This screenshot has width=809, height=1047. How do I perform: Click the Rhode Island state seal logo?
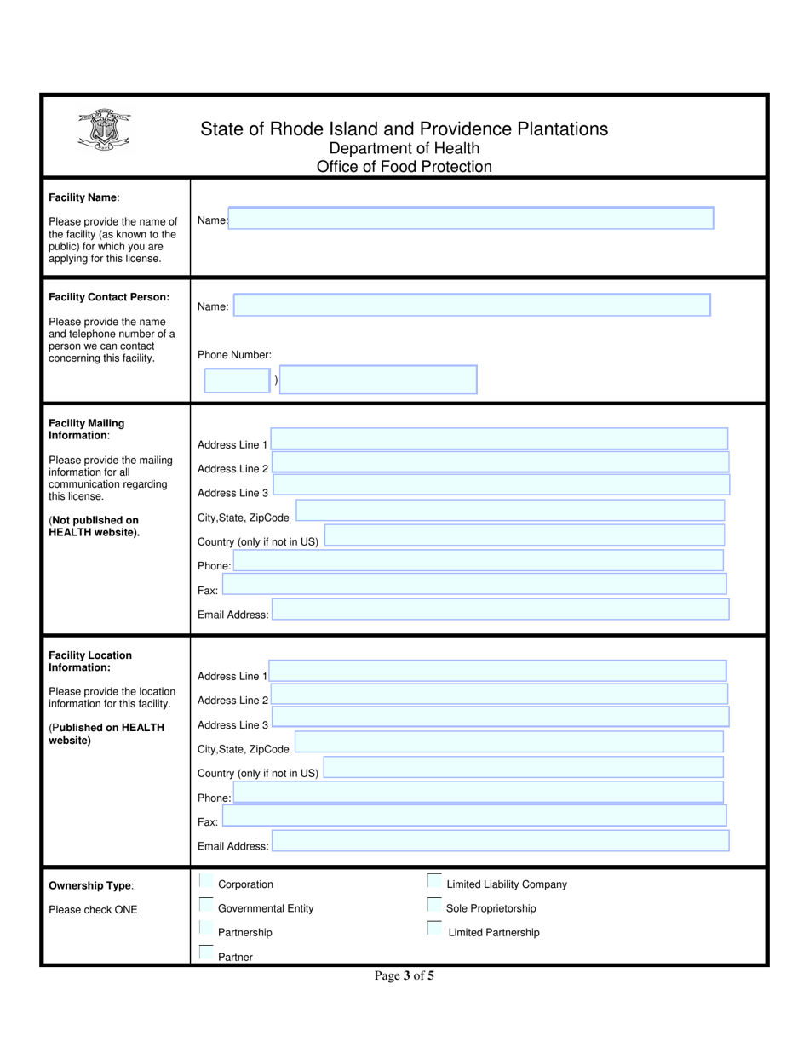tap(104, 133)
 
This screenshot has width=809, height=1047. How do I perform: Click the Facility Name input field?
tap(471, 219)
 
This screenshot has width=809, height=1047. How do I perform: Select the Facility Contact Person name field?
tap(471, 305)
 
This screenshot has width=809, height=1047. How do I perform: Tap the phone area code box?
tap(237, 380)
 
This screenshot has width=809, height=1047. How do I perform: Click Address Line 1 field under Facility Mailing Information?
tap(498, 438)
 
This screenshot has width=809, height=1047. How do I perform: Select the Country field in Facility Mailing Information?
tap(524, 535)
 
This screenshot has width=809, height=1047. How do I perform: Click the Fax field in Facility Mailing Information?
tap(473, 584)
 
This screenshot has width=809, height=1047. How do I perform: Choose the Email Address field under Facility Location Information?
tap(500, 841)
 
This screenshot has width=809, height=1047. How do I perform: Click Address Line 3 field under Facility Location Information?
tap(500, 717)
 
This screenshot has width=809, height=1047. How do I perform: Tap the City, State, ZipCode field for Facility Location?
tap(508, 742)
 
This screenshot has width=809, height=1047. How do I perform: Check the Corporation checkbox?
tap(206, 881)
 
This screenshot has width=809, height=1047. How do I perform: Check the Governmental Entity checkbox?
tap(206, 905)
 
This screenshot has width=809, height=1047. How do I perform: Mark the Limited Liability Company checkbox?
tap(435, 881)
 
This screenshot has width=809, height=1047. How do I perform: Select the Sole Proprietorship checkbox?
tap(435, 905)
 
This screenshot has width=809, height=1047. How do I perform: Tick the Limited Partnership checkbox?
tap(435, 929)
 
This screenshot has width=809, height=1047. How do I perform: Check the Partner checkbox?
tap(206, 953)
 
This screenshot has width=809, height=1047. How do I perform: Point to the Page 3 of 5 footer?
tap(404, 976)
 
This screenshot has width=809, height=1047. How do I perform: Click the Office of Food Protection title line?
tap(404, 167)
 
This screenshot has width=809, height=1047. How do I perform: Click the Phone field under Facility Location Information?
tap(478, 792)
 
